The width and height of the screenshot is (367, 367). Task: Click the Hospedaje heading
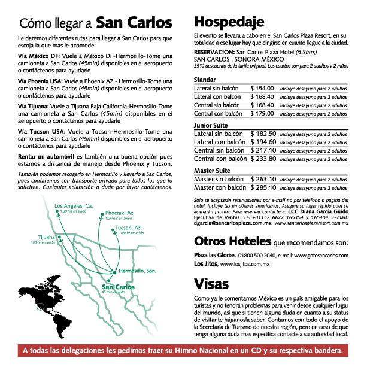point(229,23)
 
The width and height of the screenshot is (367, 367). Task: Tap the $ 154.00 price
point(262,88)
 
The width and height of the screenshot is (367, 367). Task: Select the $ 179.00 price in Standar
point(262,113)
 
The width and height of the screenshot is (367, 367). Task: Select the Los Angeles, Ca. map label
point(74,206)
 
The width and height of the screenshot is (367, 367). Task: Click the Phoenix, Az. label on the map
point(120,213)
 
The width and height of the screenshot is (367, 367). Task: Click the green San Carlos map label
point(117,286)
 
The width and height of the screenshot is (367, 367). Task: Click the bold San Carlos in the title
point(134,23)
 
